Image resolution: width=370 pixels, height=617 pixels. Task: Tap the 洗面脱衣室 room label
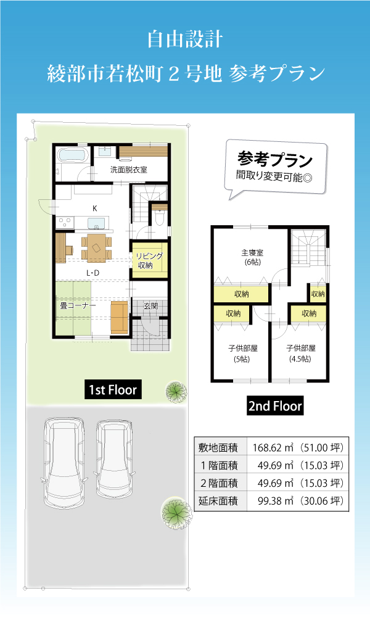129,170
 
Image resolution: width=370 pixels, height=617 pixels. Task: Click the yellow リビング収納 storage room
149,260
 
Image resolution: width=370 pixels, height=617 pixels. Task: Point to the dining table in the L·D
96,247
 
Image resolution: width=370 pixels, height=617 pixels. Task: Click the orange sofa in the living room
119,317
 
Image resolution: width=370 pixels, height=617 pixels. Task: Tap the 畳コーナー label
78,305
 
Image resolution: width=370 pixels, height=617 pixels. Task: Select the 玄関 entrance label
150,306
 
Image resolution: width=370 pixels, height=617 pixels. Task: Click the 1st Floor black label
113,389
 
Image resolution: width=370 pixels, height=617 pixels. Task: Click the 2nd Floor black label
275,406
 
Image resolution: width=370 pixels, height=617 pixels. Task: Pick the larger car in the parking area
64,465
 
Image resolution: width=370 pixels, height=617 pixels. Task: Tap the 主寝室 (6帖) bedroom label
252,257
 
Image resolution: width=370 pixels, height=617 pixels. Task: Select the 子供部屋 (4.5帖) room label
300,354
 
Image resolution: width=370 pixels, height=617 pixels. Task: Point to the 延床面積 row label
218,501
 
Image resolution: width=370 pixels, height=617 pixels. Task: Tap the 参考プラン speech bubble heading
275,159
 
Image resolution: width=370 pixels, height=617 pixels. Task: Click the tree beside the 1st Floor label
176,392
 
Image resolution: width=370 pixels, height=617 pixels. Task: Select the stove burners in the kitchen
65,223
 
